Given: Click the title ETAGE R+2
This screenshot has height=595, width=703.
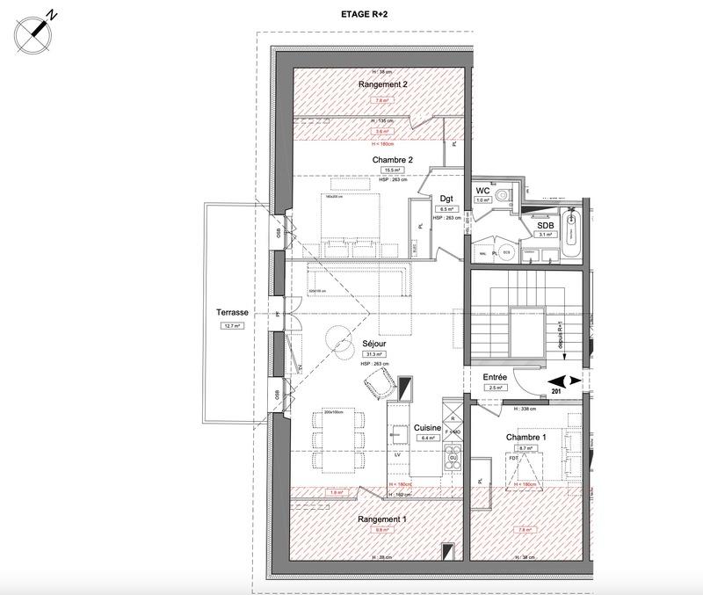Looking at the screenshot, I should (364, 15).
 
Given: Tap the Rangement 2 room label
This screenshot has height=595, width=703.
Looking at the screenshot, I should (382, 84).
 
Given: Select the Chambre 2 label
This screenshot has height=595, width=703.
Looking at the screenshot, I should (392, 160).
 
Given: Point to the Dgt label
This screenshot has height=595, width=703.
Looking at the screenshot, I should (446, 199).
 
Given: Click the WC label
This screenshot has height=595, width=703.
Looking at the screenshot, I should (482, 190).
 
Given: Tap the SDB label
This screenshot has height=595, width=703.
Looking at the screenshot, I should (546, 224).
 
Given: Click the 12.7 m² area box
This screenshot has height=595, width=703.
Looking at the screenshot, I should (232, 325).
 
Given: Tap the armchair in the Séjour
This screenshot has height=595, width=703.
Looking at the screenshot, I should (379, 382).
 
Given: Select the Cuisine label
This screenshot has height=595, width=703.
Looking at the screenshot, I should (427, 427).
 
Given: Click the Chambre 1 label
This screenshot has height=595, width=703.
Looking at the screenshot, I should (525, 438).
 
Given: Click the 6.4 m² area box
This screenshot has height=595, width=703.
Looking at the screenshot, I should (427, 438).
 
